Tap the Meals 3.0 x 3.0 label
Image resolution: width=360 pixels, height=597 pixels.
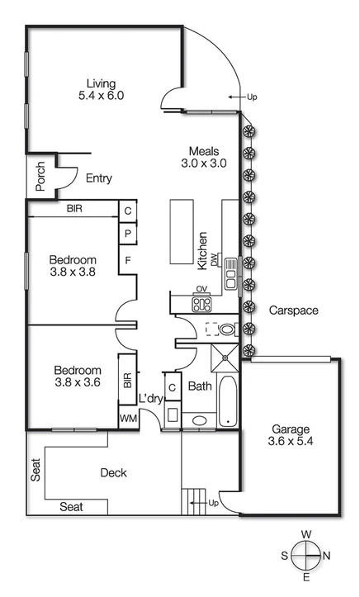[204, 157]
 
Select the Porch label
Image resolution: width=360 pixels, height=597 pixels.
[40, 176]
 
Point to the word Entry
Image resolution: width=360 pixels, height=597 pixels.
[99, 178]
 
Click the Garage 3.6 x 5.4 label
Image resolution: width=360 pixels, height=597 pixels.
[290, 435]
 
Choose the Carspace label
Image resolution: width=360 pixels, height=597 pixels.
[293, 310]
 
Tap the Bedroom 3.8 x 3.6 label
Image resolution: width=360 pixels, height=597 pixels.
[78, 377]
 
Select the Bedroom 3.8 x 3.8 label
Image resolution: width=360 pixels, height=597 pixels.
[78, 266]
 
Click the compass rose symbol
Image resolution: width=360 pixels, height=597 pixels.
[306, 555]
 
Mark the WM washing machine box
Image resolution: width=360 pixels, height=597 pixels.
[129, 419]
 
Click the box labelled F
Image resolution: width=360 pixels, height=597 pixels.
[128, 263]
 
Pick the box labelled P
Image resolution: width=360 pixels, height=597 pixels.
[128, 234]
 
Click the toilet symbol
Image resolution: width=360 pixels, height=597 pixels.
[225, 329]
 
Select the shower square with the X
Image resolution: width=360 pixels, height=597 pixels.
[224, 357]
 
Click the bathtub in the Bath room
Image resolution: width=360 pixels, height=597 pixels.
[227, 401]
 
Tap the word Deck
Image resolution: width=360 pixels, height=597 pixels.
[113, 473]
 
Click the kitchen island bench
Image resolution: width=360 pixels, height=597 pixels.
[181, 231]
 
